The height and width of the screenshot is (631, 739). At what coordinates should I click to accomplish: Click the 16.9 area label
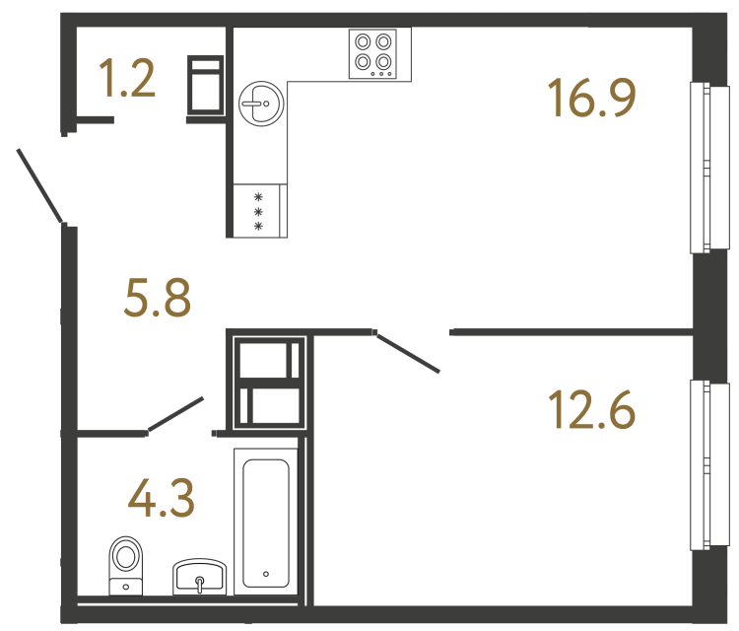(x=593, y=99)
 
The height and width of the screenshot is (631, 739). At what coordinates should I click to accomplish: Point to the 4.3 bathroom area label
(x=162, y=499)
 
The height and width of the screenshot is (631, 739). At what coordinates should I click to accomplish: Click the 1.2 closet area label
(x=129, y=78)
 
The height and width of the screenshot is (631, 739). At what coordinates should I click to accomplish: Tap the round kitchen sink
(x=262, y=102)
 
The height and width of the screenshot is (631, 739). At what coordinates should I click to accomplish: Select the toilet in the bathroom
(x=126, y=564)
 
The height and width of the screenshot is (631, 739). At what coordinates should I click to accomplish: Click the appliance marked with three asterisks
(x=259, y=211)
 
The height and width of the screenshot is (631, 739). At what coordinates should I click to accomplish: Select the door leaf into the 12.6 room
(x=408, y=353)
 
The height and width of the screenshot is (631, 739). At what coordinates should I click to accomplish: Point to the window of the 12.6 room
(x=701, y=463)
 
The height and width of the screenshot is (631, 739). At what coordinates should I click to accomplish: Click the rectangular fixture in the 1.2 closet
(x=207, y=88)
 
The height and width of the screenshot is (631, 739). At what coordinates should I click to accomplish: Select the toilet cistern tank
(x=125, y=588)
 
